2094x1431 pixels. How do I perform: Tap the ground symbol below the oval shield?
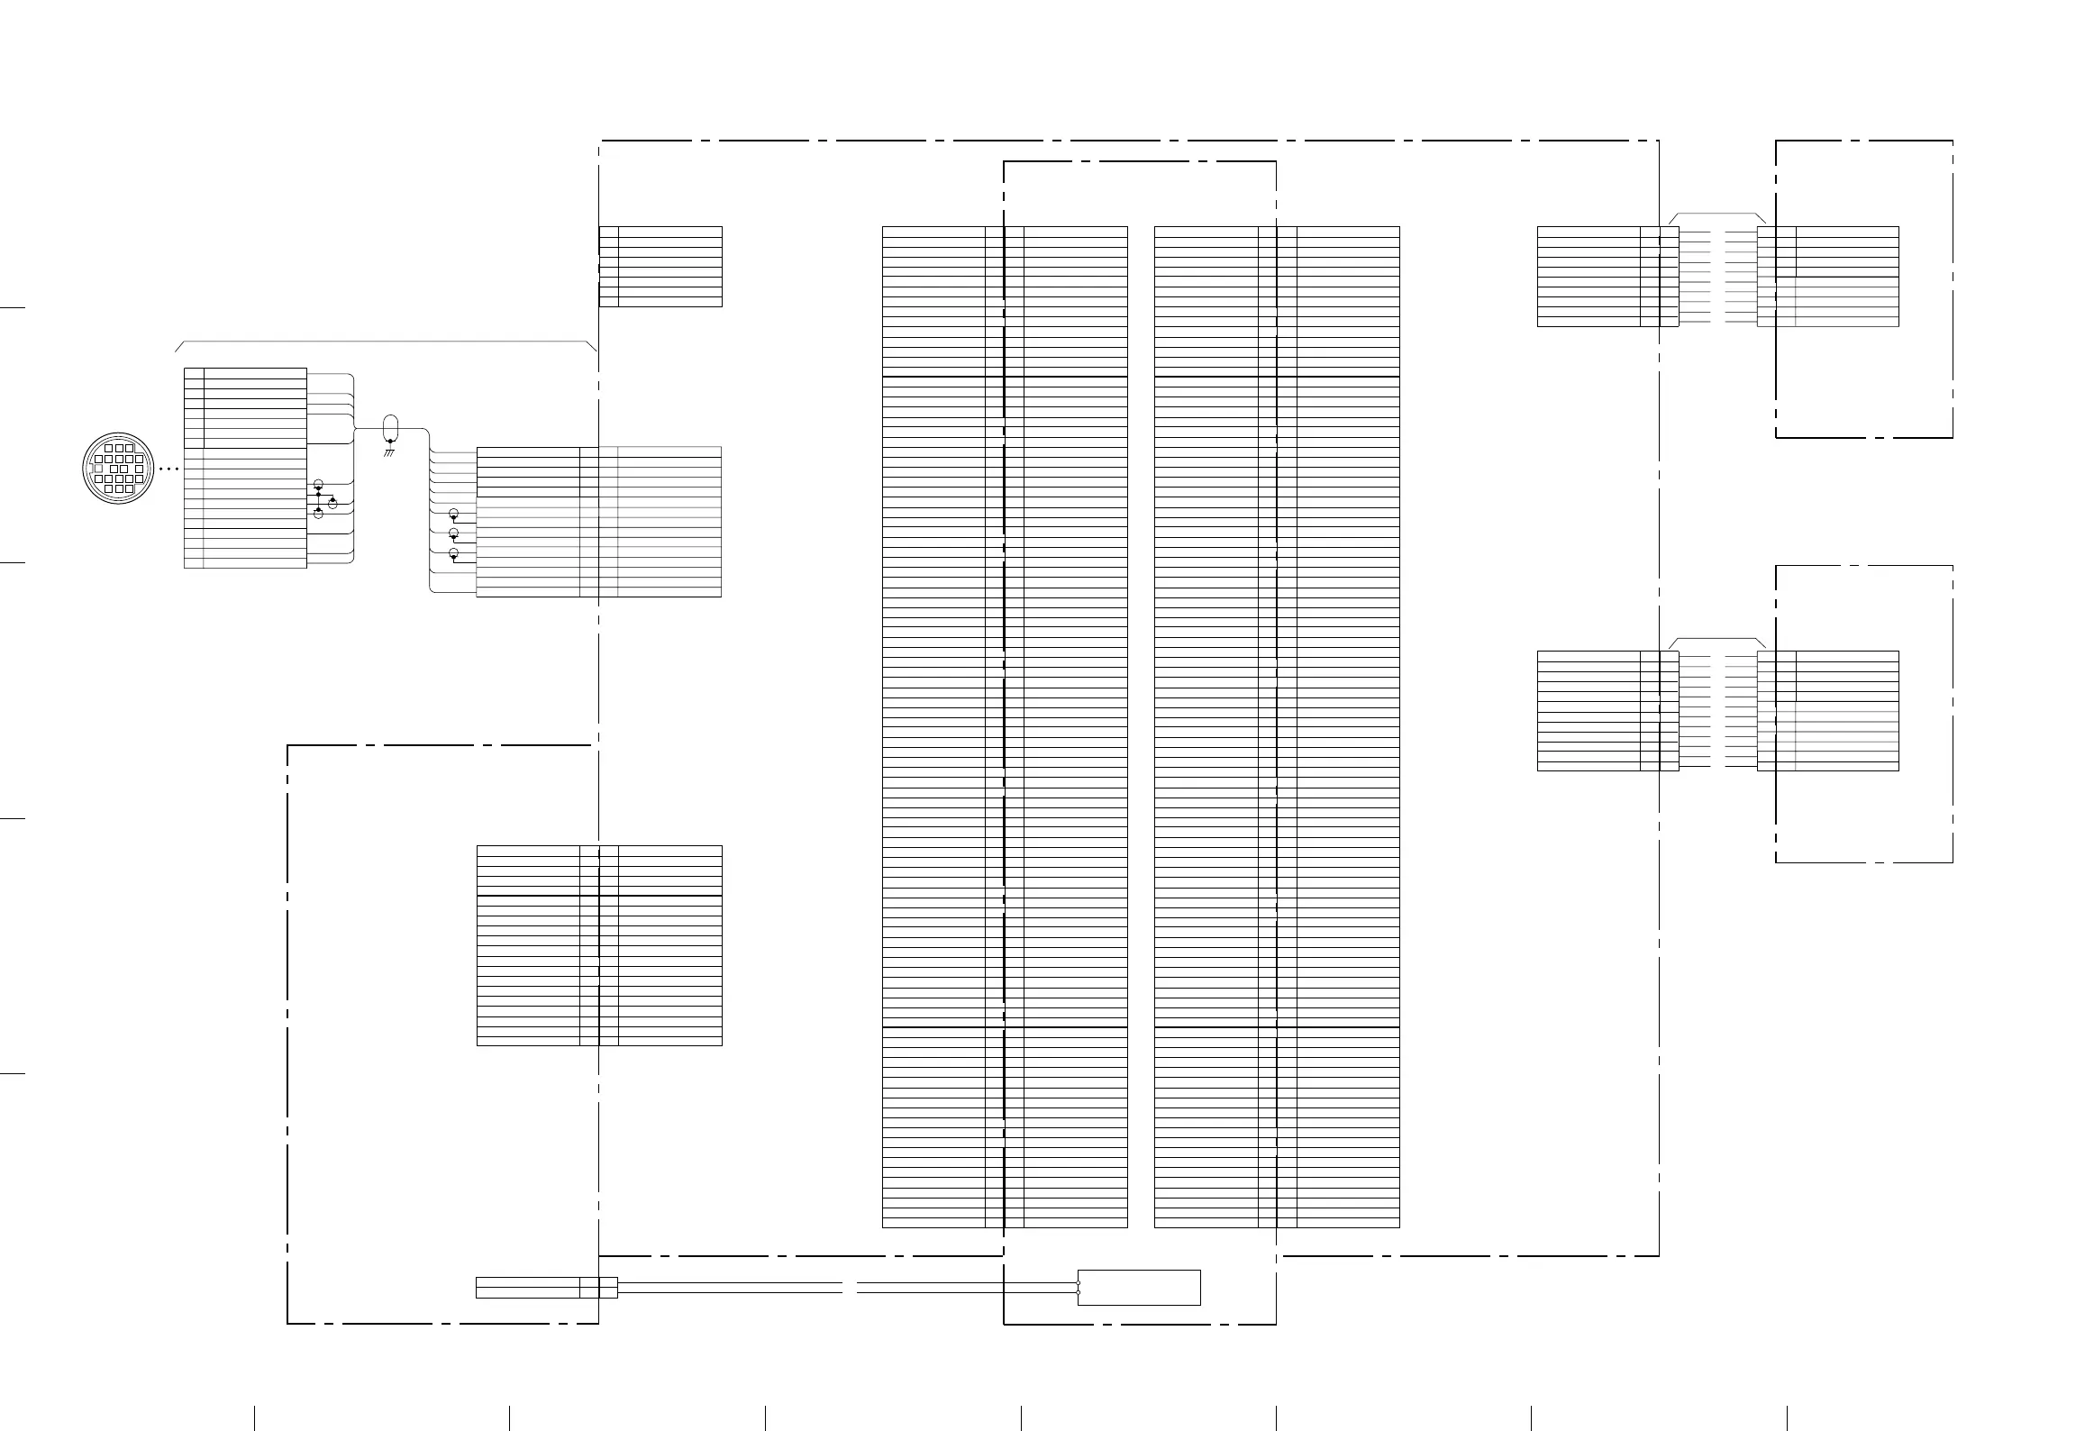(x=389, y=451)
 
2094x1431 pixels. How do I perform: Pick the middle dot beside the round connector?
(x=168, y=469)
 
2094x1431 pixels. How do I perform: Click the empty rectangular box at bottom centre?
(x=1139, y=1288)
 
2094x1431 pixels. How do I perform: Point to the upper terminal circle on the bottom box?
(x=1079, y=1282)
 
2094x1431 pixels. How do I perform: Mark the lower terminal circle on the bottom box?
(x=1079, y=1292)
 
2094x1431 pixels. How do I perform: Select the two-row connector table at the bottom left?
(x=546, y=1288)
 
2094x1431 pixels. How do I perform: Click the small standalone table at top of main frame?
(x=660, y=267)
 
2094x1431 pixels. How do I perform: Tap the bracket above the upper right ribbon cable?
(x=1717, y=215)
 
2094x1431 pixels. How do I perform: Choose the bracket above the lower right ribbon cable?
(x=1717, y=640)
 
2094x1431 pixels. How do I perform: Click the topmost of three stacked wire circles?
(x=453, y=514)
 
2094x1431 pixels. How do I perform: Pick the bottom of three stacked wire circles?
(x=453, y=553)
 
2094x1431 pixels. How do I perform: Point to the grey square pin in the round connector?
(x=98, y=469)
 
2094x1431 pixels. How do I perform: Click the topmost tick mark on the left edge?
(x=12, y=308)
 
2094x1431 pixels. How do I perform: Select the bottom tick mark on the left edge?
(x=12, y=1074)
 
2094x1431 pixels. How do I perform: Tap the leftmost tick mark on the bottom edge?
(x=255, y=1417)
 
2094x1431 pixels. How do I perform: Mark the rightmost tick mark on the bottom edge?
(x=1788, y=1417)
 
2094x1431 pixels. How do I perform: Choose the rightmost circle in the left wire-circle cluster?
(x=332, y=503)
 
